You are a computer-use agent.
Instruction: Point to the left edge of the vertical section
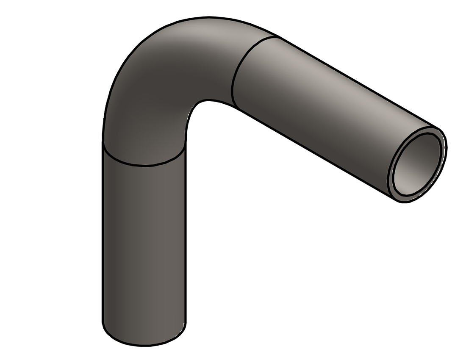(x=103, y=237)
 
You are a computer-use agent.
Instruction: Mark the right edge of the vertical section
(x=186, y=237)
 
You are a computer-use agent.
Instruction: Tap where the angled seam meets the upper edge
(x=278, y=37)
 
